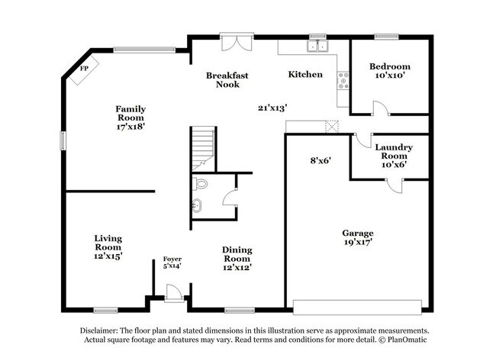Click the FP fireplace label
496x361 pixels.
pos(84,69)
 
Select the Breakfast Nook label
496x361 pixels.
pos(227,80)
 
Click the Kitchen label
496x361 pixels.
pos(304,75)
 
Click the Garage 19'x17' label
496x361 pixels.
pos(357,237)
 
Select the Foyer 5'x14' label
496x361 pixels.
pos(172,263)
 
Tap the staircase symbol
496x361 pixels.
pos(202,147)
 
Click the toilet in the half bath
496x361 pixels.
pos(201,184)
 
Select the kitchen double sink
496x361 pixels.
pos(316,47)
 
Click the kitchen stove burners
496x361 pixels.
pos(343,79)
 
